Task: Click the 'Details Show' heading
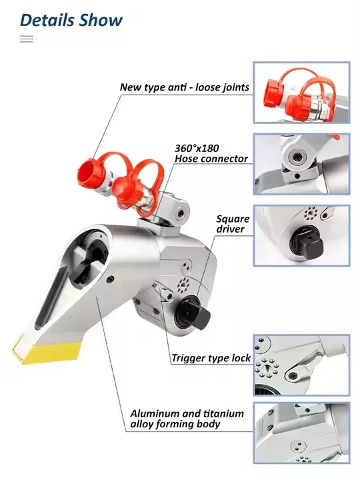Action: click(x=71, y=19)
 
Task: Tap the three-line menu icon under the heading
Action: click(x=27, y=39)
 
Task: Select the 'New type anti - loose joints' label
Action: click(x=185, y=87)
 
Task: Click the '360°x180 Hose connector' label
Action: click(x=211, y=153)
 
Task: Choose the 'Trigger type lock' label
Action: click(x=211, y=358)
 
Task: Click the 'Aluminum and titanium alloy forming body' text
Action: click(x=187, y=419)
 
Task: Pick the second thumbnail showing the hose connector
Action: click(x=301, y=164)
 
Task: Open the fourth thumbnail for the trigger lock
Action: click(x=301, y=365)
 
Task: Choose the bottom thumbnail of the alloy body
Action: click(x=301, y=433)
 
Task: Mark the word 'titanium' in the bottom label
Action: click(x=221, y=413)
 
